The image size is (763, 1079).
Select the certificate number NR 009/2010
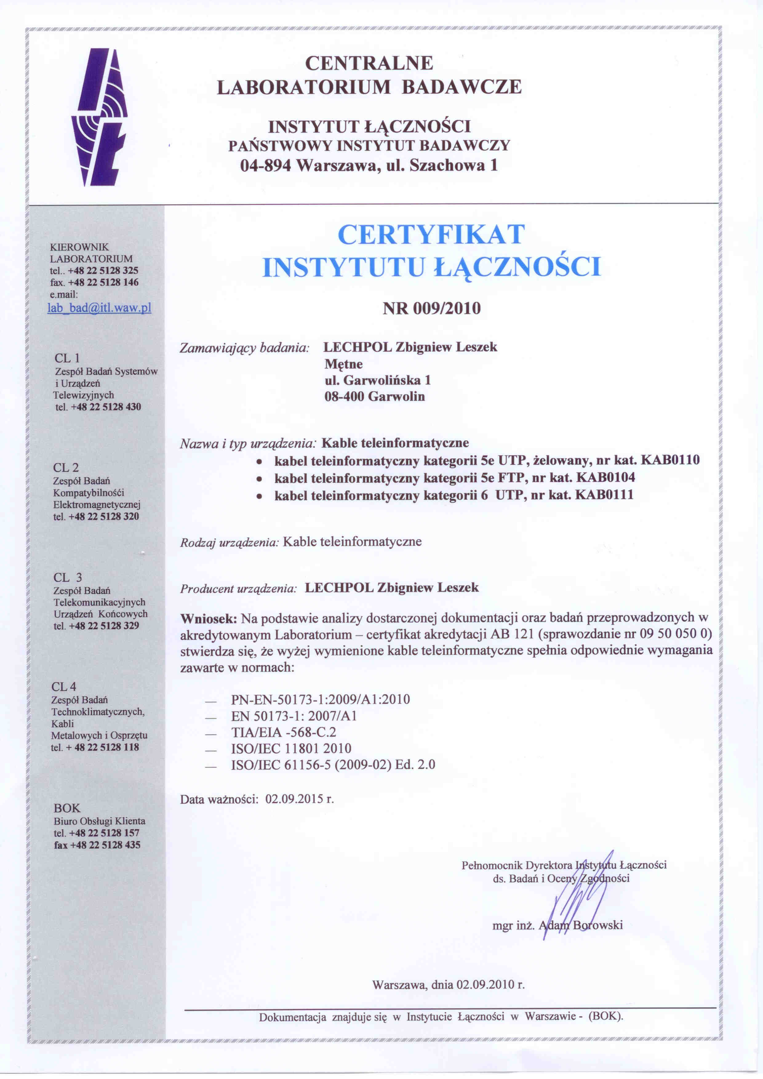click(x=432, y=308)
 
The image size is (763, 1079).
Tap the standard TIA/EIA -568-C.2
click(x=283, y=732)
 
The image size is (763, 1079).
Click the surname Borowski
click(x=597, y=925)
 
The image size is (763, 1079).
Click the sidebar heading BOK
click(x=67, y=808)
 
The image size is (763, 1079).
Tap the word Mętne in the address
click(x=343, y=364)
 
